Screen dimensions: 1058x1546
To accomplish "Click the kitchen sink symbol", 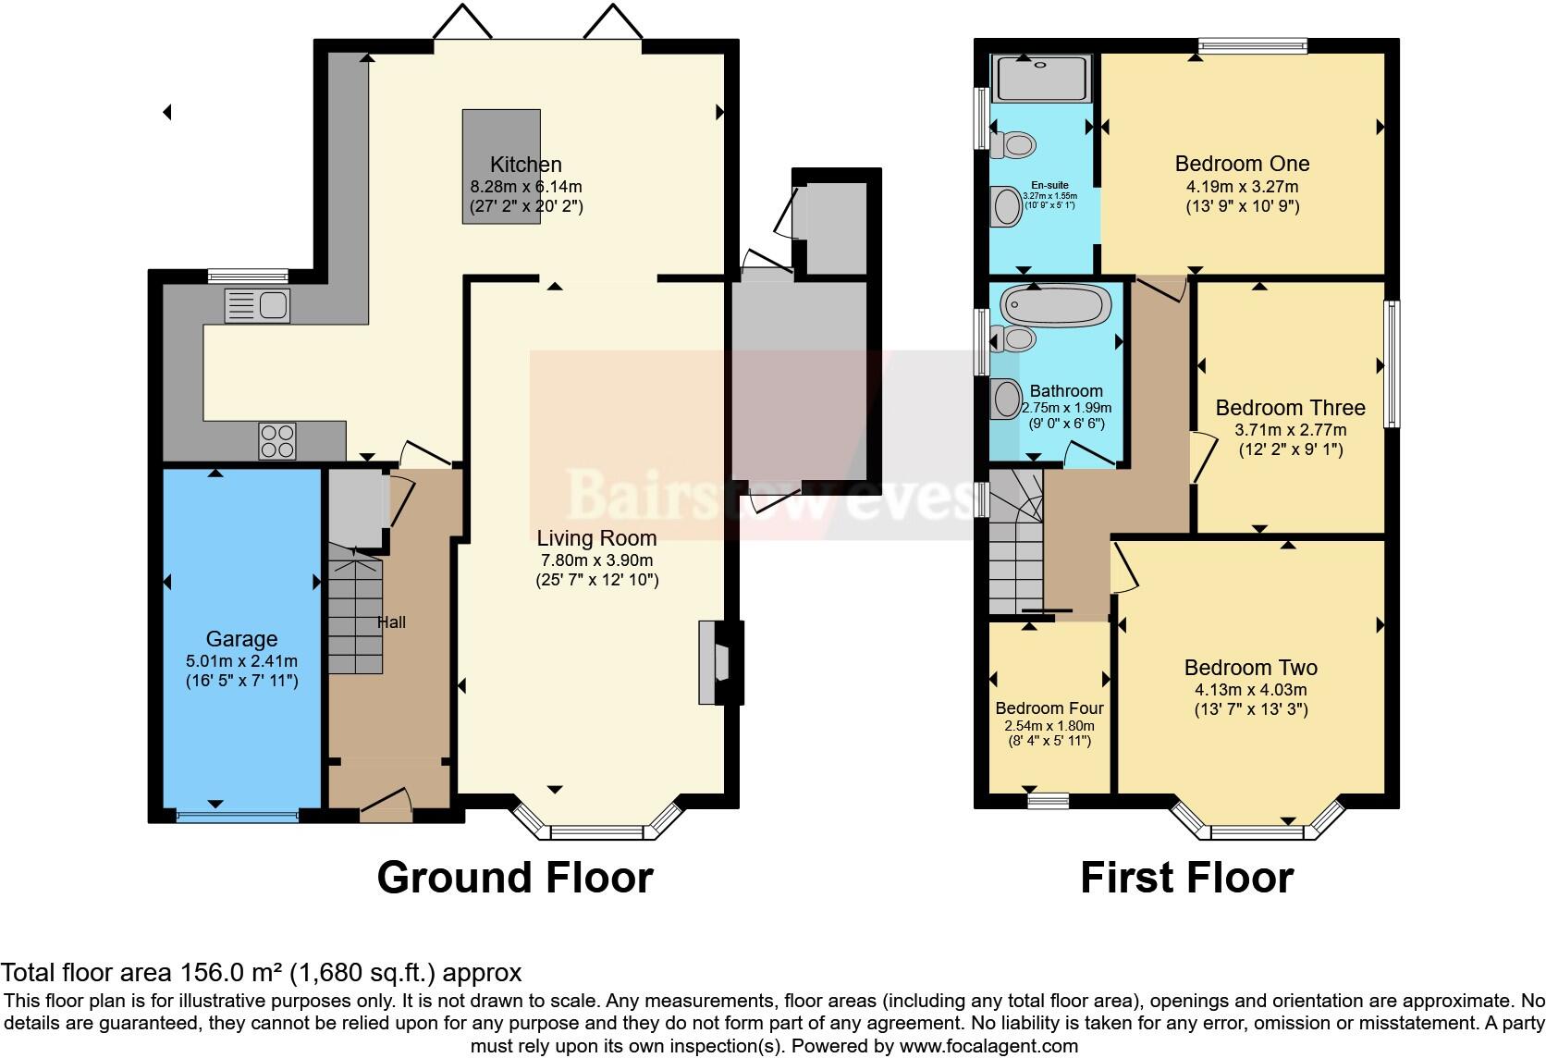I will (257, 306).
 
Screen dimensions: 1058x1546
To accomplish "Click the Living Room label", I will (596, 538).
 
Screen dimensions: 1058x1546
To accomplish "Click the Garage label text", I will (241, 639).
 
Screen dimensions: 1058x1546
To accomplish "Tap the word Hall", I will (391, 622).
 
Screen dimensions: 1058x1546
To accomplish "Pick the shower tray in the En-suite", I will (1041, 78).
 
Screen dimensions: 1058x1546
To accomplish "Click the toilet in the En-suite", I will (1013, 144).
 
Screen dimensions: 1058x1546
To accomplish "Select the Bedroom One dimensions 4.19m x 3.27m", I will (1242, 186).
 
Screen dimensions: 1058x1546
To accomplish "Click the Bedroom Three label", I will (1290, 408).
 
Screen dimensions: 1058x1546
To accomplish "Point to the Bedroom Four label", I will (1049, 708).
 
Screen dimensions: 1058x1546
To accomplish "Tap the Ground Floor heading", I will (515, 877).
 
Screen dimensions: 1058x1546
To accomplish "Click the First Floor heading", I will (1186, 877).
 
